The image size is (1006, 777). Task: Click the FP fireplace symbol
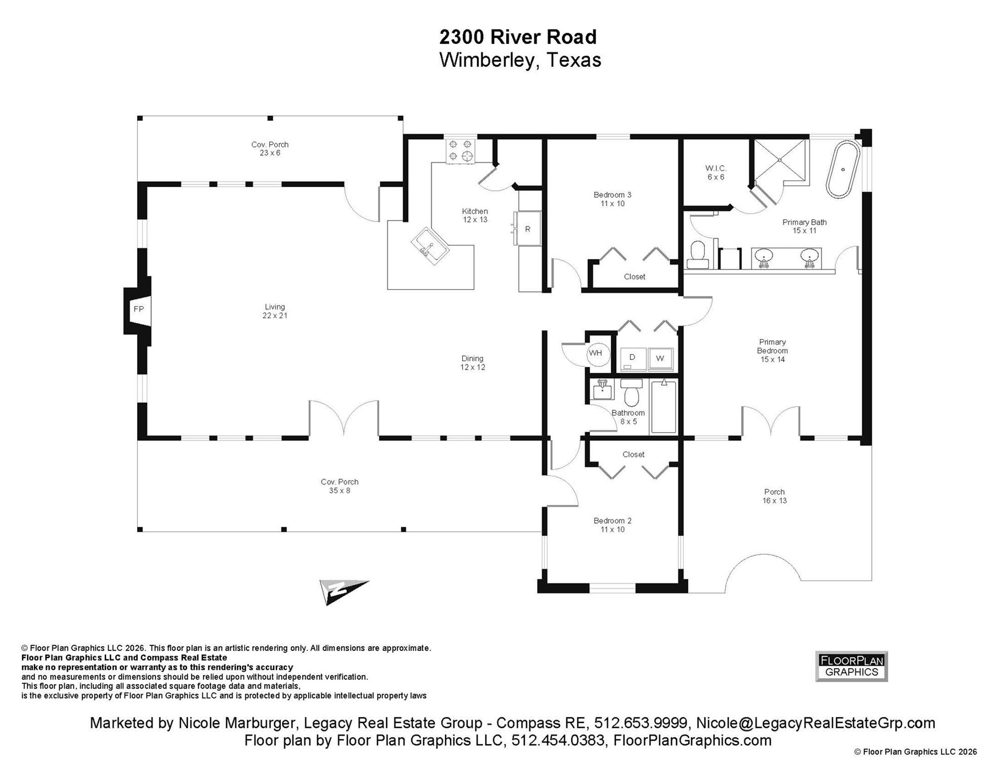138,310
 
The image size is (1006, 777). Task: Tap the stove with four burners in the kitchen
460,151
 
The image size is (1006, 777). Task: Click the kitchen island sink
430,246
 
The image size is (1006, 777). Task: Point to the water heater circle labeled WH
596,353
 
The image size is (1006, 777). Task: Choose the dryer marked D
633,359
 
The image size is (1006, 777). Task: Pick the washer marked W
660,359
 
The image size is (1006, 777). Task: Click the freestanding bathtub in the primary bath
843,169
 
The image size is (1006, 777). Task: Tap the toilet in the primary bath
698,255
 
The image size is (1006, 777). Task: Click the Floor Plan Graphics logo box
851,666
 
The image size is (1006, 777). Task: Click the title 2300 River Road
518,37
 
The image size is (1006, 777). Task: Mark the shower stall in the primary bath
780,159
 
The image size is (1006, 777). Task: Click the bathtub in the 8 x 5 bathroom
663,407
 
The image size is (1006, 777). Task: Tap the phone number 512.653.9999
640,723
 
